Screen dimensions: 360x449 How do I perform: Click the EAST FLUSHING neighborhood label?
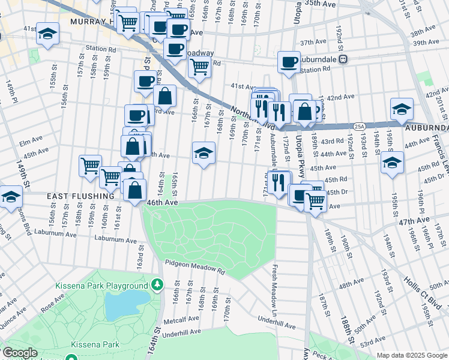coord(82,196)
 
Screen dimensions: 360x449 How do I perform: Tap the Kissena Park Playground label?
coord(102,286)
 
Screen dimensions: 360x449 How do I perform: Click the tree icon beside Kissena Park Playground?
coord(157,283)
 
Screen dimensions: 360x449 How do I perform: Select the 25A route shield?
coord(359,126)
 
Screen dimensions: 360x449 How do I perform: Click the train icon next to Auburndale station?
coord(343,59)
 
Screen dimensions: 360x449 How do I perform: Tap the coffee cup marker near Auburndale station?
coord(289,62)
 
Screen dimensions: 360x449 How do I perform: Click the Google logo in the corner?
coord(20,353)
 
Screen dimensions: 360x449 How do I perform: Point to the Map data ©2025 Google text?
coord(412,355)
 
